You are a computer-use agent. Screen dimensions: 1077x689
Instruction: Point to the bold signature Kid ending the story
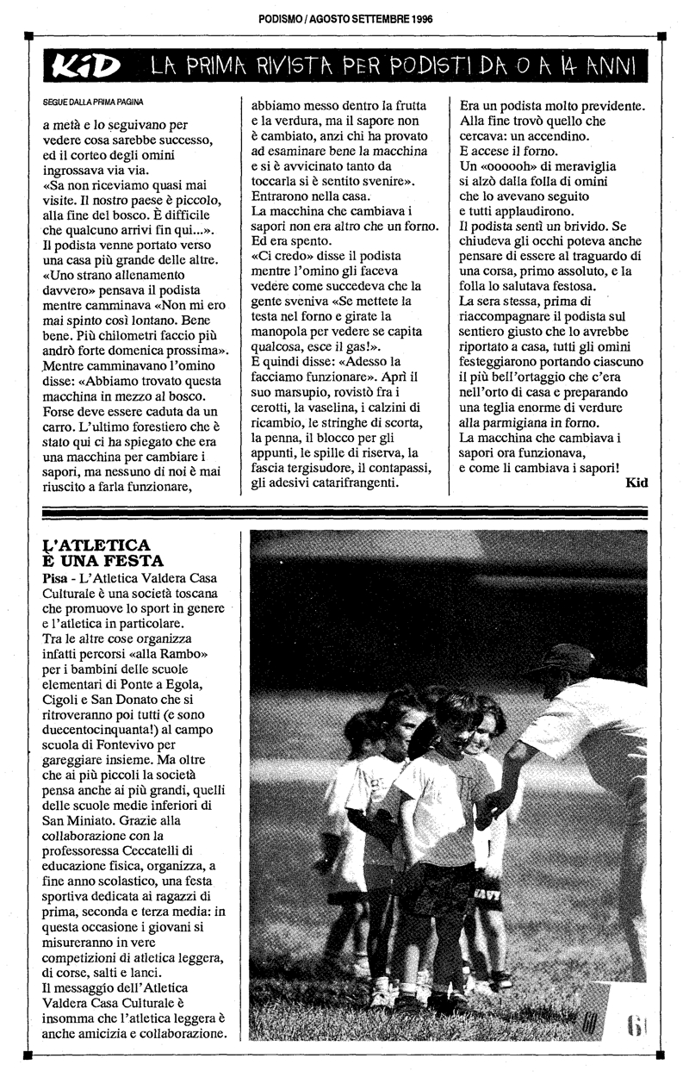(637, 482)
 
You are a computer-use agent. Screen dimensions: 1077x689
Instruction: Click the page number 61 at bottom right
(636, 1025)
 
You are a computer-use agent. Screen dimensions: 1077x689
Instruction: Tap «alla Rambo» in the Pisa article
(179, 655)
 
